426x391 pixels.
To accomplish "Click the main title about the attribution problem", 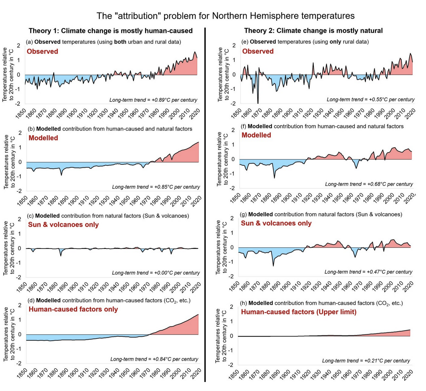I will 225,16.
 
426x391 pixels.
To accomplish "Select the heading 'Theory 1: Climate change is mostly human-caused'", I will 111,31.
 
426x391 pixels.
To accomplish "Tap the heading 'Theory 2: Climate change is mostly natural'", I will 313,31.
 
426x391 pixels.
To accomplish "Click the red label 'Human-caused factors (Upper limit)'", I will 298,312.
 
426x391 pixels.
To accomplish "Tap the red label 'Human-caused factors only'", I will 73,309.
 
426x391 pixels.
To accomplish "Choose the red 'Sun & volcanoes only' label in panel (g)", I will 276,223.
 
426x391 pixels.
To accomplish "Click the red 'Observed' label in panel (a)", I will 42,52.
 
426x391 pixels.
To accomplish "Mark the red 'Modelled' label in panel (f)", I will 256,135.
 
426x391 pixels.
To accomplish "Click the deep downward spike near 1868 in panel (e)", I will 258,101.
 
